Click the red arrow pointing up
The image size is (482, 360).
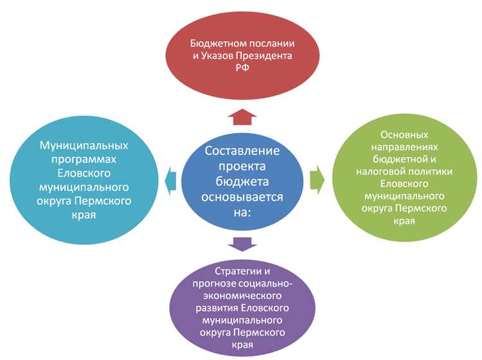point(242,115)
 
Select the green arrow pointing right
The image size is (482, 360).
point(316,179)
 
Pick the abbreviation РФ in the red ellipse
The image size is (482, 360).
point(241,68)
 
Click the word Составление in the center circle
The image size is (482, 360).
point(242,151)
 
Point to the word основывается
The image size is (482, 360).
point(242,196)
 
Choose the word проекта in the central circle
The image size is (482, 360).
point(242,166)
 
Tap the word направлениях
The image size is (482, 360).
point(404,147)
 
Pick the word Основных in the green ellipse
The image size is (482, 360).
point(404,135)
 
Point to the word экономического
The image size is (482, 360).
point(242,295)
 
